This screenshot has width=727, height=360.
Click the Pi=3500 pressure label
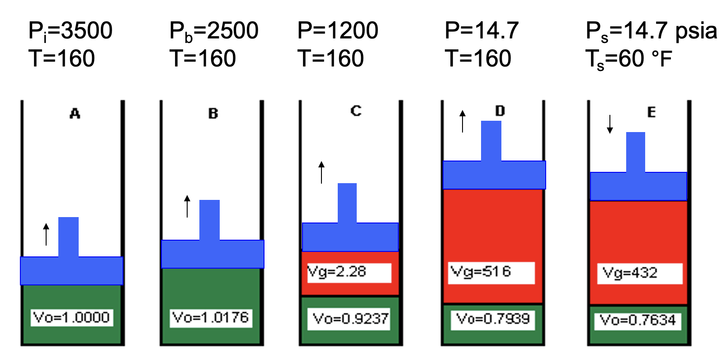70,31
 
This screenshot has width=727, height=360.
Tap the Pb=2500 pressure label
213,31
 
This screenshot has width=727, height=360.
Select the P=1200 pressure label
338,31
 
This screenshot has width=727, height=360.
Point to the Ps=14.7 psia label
651,31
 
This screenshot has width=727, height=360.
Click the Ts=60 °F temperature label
628,59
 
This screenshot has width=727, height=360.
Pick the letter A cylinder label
75,114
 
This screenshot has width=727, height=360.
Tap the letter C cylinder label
356,111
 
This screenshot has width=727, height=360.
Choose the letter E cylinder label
651,112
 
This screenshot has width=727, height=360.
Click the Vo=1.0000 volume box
72,317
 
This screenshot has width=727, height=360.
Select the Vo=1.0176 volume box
211,317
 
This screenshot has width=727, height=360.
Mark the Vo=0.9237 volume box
349,319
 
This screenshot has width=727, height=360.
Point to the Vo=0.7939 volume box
493,319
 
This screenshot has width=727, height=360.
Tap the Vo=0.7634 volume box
637,320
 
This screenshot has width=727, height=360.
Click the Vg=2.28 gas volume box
349,272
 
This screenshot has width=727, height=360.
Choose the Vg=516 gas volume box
491,272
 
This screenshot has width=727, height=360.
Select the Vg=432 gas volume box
639,273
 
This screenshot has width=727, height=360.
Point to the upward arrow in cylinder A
46,234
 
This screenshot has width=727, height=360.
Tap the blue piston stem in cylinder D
491,141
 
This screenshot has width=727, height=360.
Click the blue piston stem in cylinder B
209,220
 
